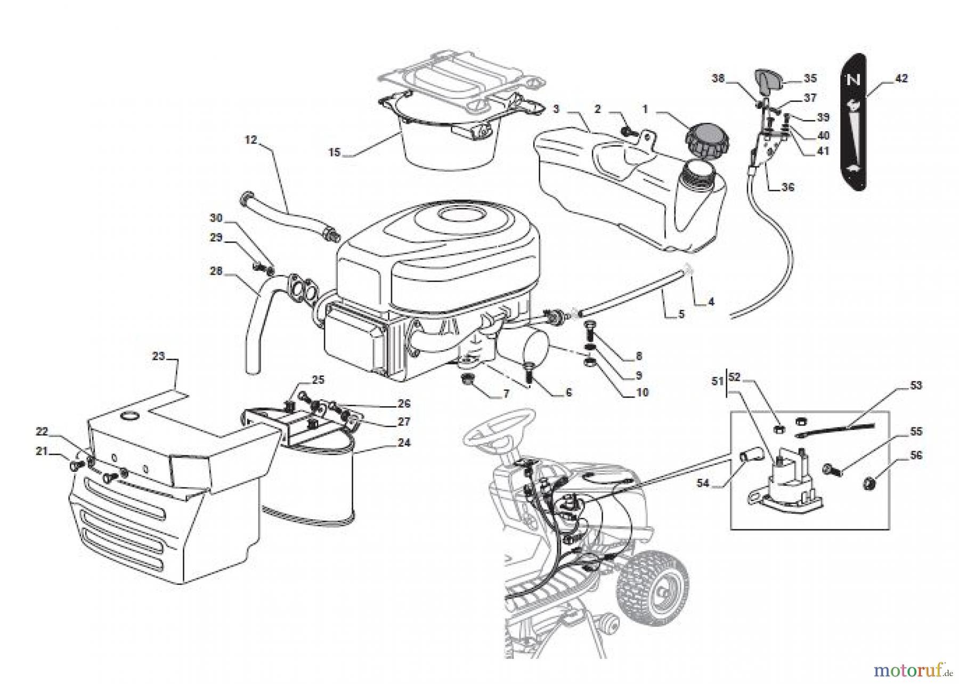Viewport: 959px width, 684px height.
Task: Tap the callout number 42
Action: [x=901, y=78]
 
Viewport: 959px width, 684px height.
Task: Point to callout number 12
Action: [x=251, y=140]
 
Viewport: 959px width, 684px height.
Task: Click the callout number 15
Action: [x=334, y=153]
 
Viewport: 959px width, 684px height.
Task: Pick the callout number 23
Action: [x=159, y=356]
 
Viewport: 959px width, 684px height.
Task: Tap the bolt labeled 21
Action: [x=74, y=466]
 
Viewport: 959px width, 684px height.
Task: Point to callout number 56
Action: [x=916, y=455]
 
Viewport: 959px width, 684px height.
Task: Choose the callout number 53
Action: [x=916, y=385]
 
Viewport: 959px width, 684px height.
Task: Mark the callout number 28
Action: [x=216, y=271]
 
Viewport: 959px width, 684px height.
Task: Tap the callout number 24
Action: [x=404, y=442]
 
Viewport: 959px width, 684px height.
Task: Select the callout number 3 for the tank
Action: [x=556, y=109]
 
